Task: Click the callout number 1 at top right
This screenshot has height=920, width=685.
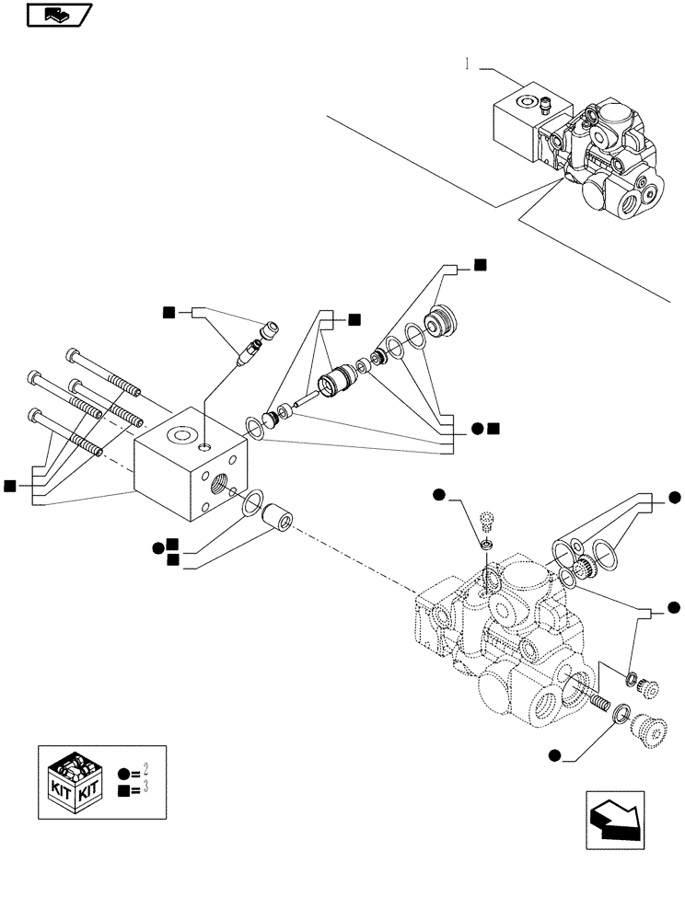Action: (x=469, y=64)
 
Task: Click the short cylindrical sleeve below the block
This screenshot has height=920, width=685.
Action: (x=277, y=518)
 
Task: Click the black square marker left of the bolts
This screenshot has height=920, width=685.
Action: (x=10, y=485)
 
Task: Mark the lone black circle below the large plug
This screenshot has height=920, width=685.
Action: (x=553, y=756)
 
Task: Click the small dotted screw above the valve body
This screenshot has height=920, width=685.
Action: (x=490, y=523)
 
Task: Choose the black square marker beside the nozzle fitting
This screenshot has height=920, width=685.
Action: (x=168, y=313)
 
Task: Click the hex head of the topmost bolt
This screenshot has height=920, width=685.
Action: (x=73, y=354)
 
